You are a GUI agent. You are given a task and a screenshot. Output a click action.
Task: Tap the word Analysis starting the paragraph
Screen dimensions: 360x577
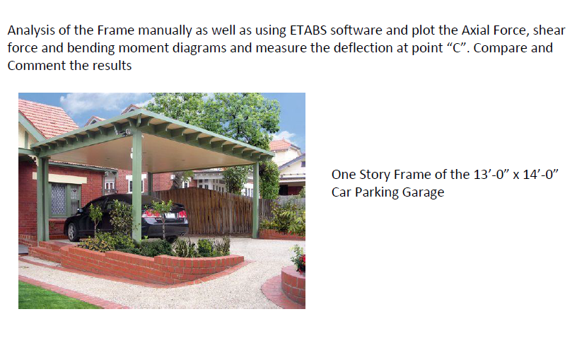click(30, 31)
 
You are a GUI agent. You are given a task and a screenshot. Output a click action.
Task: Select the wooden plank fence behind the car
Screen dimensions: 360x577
click(212, 209)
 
